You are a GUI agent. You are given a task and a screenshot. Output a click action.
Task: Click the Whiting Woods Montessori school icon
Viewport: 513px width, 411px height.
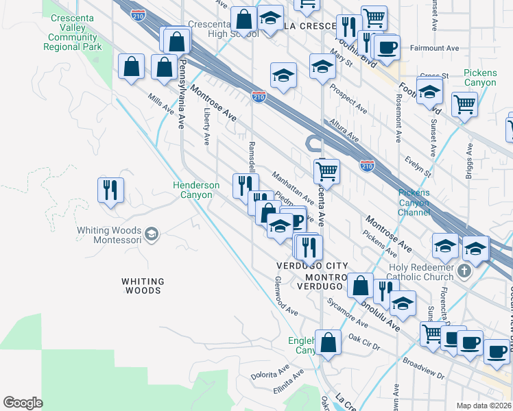point(152,235)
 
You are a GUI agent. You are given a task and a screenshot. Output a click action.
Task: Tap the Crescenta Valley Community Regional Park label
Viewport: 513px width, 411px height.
point(73,37)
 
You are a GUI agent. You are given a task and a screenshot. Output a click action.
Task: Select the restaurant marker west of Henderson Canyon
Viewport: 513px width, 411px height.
point(110,190)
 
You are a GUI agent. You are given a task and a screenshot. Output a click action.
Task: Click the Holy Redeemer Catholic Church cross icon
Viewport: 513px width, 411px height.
point(464,271)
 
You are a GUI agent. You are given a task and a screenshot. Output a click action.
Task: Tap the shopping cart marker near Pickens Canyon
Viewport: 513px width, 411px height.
point(465,104)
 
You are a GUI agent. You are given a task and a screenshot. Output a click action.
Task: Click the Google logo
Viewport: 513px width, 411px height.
point(23,403)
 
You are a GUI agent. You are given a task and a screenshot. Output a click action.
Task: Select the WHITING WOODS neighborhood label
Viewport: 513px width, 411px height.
point(143,286)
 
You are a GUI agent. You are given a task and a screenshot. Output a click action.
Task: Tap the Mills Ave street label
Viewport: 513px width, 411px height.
point(161,105)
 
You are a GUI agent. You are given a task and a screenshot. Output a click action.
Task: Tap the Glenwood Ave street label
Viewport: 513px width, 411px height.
point(286,296)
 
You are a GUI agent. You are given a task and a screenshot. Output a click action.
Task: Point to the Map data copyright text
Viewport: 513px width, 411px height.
point(484,406)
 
